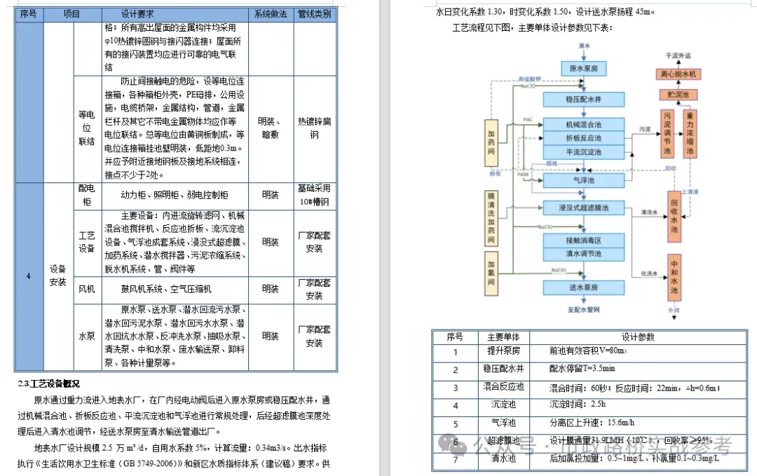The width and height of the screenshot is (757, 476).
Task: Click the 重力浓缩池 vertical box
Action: tap(690, 133)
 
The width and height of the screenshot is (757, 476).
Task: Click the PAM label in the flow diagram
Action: tap(522, 175)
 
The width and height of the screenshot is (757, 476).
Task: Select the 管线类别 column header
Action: tap(314, 14)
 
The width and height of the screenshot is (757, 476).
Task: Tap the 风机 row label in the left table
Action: tap(86, 289)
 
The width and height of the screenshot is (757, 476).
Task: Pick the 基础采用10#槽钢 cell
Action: tap(314, 195)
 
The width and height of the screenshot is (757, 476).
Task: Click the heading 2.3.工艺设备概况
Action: tap(49, 383)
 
